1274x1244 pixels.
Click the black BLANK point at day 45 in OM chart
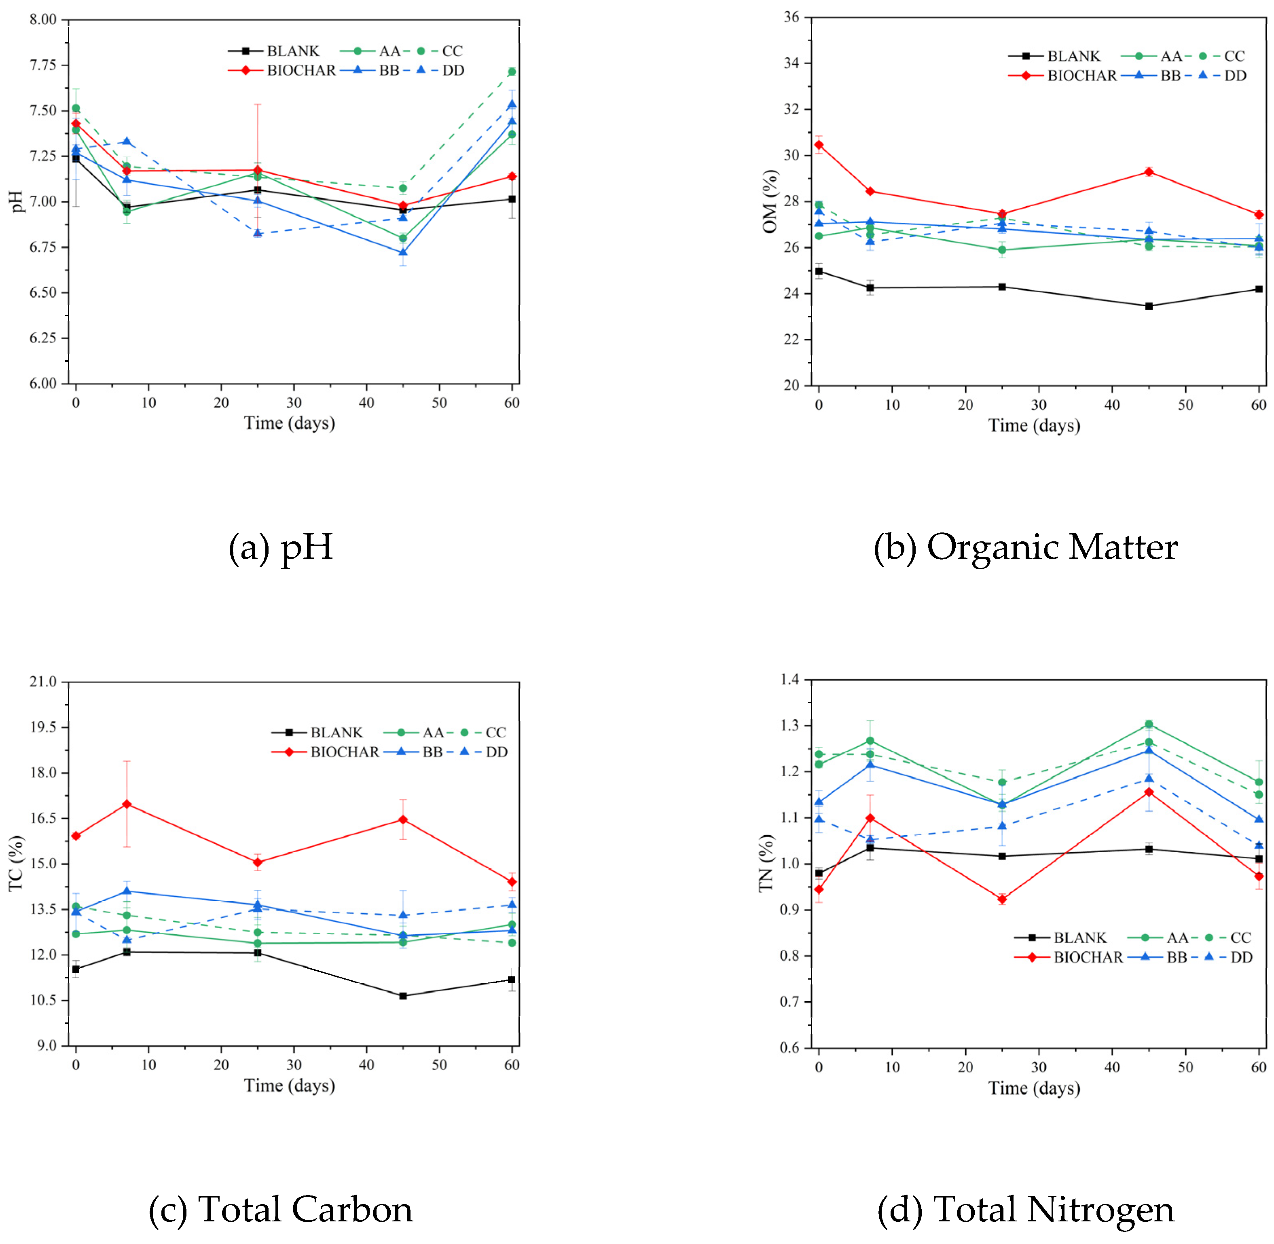[1149, 306]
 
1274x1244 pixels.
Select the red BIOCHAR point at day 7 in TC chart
[127, 804]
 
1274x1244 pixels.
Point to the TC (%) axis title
[16, 863]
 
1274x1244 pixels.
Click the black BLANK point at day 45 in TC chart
[403, 996]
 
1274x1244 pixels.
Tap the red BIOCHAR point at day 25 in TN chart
[1002, 899]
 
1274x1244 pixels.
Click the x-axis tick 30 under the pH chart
[294, 403]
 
